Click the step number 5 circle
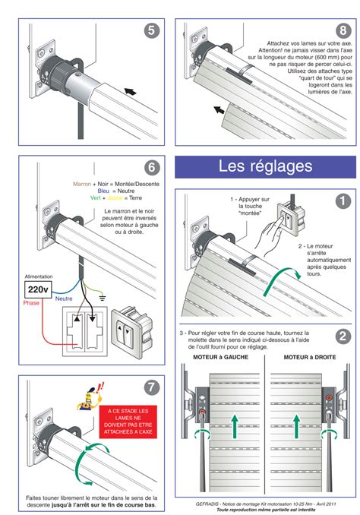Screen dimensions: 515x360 (x=151, y=30)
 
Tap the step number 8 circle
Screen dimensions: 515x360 (x=343, y=30)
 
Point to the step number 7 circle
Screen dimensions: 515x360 (x=152, y=387)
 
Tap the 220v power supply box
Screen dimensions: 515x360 (x=38, y=290)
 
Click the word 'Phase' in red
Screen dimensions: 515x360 (x=31, y=303)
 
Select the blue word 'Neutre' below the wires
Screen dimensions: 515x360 (x=64, y=299)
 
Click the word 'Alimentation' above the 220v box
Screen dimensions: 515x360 (x=39, y=277)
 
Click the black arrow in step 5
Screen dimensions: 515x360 (x=131, y=90)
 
